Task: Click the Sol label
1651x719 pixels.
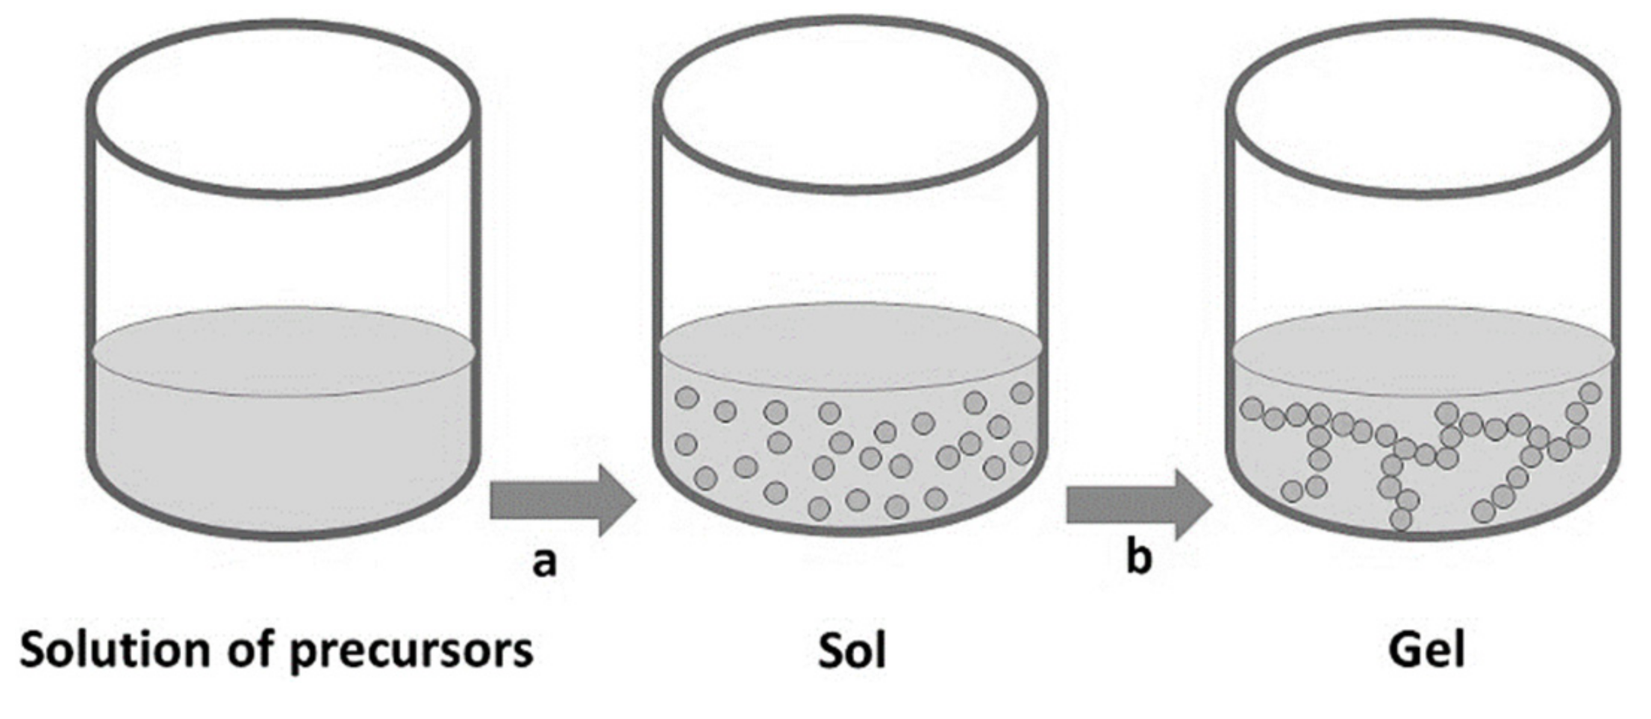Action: pyautogui.click(x=852, y=650)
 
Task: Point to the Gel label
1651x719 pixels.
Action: pyautogui.click(x=1426, y=650)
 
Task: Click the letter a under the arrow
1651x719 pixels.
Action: pyautogui.click(x=544, y=561)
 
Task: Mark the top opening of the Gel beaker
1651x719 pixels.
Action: pyautogui.click(x=1424, y=108)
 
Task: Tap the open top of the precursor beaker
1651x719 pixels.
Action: pyautogui.click(x=284, y=108)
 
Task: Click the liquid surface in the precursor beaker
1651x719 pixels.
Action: pyautogui.click(x=284, y=351)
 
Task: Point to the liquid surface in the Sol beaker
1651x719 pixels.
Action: pyautogui.click(x=851, y=348)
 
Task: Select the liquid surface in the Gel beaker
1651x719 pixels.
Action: pyautogui.click(x=1424, y=351)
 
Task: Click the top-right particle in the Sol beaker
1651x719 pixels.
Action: pyautogui.click(x=1021, y=393)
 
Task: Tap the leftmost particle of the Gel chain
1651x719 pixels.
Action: pyautogui.click(x=1252, y=409)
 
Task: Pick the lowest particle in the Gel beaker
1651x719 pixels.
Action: pyautogui.click(x=1401, y=520)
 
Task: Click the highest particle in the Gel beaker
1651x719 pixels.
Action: pyautogui.click(x=1591, y=392)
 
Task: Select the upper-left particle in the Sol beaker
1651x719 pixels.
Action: pyautogui.click(x=687, y=398)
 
